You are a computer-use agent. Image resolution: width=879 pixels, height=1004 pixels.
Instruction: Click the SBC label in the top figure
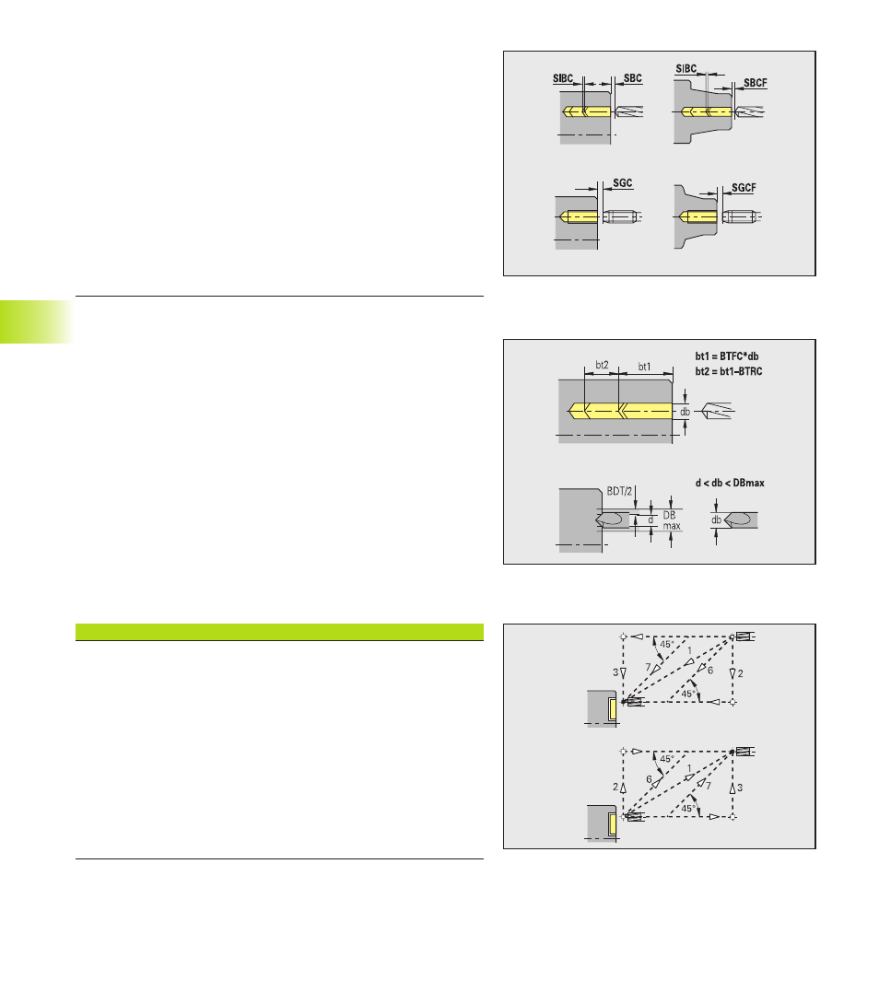click(632, 78)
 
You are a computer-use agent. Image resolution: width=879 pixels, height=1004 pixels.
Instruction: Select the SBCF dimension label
click(756, 83)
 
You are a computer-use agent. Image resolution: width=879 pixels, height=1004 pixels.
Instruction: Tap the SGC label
click(623, 183)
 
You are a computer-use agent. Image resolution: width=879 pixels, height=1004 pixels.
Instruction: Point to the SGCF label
click(744, 188)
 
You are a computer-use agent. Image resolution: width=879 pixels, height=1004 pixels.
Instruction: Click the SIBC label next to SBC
click(563, 78)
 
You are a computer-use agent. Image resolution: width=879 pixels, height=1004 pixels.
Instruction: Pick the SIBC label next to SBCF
click(686, 68)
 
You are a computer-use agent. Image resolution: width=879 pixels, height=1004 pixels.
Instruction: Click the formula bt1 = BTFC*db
click(727, 356)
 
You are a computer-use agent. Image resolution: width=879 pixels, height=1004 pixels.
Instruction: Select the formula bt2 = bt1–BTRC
click(729, 371)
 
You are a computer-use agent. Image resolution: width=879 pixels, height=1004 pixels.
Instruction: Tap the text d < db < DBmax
click(730, 483)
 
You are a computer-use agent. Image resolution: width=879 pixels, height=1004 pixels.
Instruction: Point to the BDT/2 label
click(619, 491)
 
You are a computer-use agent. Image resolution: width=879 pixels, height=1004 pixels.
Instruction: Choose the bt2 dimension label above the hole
click(603, 365)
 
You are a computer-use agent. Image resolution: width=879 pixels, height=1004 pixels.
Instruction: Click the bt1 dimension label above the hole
click(645, 367)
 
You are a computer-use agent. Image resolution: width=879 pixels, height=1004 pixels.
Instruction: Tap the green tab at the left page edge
click(37, 321)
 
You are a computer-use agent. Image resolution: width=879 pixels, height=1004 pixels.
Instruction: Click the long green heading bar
click(279, 632)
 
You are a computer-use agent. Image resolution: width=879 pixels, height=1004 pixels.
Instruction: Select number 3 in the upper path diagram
click(615, 672)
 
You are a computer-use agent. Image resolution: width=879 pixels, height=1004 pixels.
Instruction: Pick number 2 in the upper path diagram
click(741, 673)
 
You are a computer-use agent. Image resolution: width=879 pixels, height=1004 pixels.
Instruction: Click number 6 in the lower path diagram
click(649, 779)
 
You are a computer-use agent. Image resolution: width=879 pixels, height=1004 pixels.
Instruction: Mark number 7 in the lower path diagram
click(709, 785)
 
